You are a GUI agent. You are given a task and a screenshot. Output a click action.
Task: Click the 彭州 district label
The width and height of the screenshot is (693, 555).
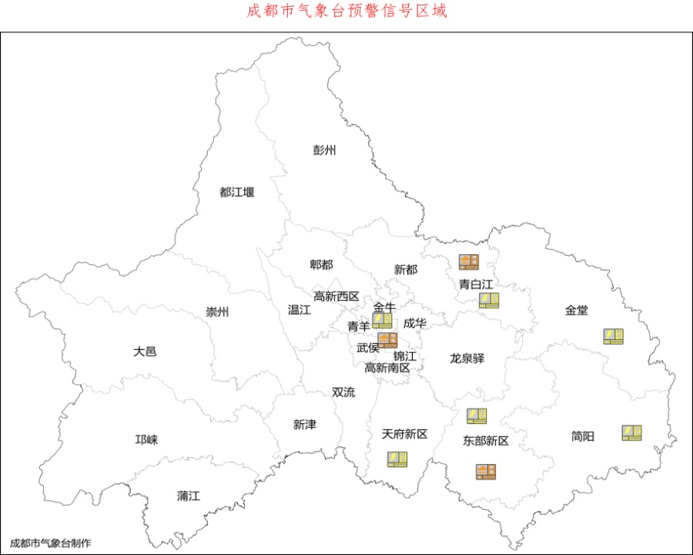pos(324,150)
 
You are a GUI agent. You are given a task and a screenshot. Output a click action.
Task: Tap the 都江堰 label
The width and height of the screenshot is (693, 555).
pos(236,192)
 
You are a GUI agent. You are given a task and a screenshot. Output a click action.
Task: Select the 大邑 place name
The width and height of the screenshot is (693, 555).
pos(145,351)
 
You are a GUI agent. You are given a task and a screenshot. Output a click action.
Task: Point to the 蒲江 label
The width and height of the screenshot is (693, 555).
pos(188,496)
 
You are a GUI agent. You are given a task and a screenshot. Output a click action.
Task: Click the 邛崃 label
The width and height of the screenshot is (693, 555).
pos(146,439)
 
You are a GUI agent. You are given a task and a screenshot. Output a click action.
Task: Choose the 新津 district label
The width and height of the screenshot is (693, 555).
pos(304,425)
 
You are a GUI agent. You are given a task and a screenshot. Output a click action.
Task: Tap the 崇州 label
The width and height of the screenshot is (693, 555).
pos(217,312)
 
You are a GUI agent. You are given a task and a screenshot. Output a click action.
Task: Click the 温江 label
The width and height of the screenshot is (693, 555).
pos(299,310)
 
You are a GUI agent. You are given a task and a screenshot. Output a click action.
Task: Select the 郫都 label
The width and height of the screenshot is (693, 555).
pos(321,265)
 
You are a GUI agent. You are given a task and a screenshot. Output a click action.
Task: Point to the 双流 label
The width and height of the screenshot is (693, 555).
pos(343,392)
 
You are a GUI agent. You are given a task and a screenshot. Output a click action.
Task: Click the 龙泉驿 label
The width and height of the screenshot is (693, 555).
pos(467,358)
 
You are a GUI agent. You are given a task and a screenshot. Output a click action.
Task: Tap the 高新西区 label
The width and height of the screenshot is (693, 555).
pos(336,296)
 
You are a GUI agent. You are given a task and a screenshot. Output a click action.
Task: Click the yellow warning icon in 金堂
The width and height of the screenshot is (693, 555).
pos(613,336)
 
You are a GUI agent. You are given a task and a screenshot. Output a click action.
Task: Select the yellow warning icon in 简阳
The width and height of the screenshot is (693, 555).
pos(632,433)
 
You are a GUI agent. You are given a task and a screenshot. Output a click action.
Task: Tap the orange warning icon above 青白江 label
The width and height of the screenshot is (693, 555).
pos(469,262)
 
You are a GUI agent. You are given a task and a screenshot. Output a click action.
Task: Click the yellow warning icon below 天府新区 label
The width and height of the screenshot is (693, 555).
pos(397,459)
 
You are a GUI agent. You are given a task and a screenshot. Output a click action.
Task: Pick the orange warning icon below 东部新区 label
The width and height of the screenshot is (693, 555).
pos(485,472)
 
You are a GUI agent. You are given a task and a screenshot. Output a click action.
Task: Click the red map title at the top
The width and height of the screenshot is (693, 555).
pos(346,12)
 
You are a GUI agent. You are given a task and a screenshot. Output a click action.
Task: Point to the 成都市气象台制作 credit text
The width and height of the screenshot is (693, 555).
pos(50,543)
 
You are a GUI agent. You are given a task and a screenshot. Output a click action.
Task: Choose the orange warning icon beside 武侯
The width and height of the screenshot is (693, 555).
pos(387,341)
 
